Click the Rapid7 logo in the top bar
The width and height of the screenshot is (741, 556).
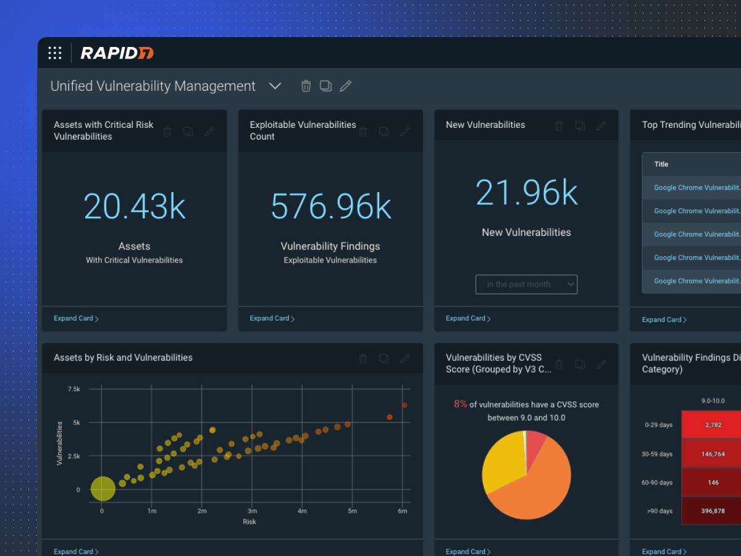coord(117,53)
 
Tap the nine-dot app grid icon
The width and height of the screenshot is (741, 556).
coord(55,53)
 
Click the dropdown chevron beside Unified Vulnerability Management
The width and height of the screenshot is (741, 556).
coord(275,86)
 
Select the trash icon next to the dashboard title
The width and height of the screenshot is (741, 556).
coord(306,86)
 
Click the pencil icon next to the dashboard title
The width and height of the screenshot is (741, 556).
coord(346,86)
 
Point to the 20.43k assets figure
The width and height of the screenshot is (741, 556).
coord(135,206)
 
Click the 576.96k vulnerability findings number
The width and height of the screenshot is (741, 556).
coord(331,206)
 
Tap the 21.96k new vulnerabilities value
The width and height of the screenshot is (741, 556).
coord(527,192)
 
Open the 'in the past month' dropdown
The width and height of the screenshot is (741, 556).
coord(526,284)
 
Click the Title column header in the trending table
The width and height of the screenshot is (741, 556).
coord(661,164)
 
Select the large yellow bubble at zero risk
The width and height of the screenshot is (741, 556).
coord(103,489)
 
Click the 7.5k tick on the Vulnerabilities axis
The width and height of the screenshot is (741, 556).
coord(74,389)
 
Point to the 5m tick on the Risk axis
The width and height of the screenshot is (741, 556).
coord(352,511)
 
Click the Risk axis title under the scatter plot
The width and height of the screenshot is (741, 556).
coord(249,522)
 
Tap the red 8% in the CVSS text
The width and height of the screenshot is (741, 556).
coord(461,404)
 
